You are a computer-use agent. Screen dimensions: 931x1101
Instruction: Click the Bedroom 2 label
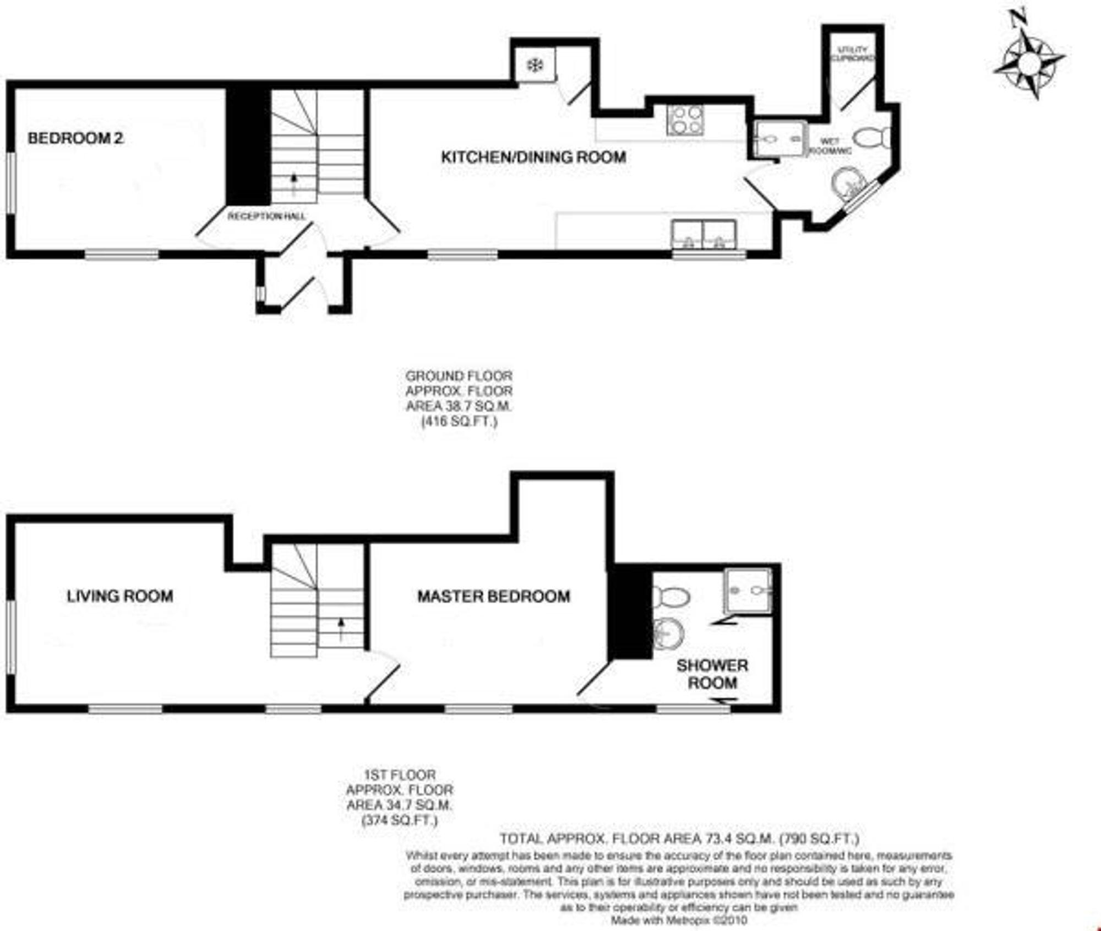click(75, 138)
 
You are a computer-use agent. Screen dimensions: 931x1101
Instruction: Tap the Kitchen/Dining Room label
click(533, 157)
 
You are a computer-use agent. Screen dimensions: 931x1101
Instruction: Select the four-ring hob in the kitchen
click(685, 121)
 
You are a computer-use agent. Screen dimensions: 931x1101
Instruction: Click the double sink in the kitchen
click(704, 234)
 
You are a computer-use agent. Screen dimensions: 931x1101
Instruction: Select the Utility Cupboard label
click(853, 53)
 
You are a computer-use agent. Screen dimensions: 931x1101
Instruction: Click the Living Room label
click(120, 596)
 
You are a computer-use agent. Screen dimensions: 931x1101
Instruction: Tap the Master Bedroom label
click(493, 596)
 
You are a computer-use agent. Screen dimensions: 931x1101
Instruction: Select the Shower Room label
click(712, 674)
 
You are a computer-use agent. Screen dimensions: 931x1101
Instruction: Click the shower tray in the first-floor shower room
click(747, 590)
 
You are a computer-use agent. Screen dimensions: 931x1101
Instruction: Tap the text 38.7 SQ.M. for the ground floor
click(459, 407)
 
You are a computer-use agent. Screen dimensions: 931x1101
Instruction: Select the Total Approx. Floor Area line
click(679, 839)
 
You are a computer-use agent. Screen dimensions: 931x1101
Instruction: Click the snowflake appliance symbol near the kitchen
click(535, 66)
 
